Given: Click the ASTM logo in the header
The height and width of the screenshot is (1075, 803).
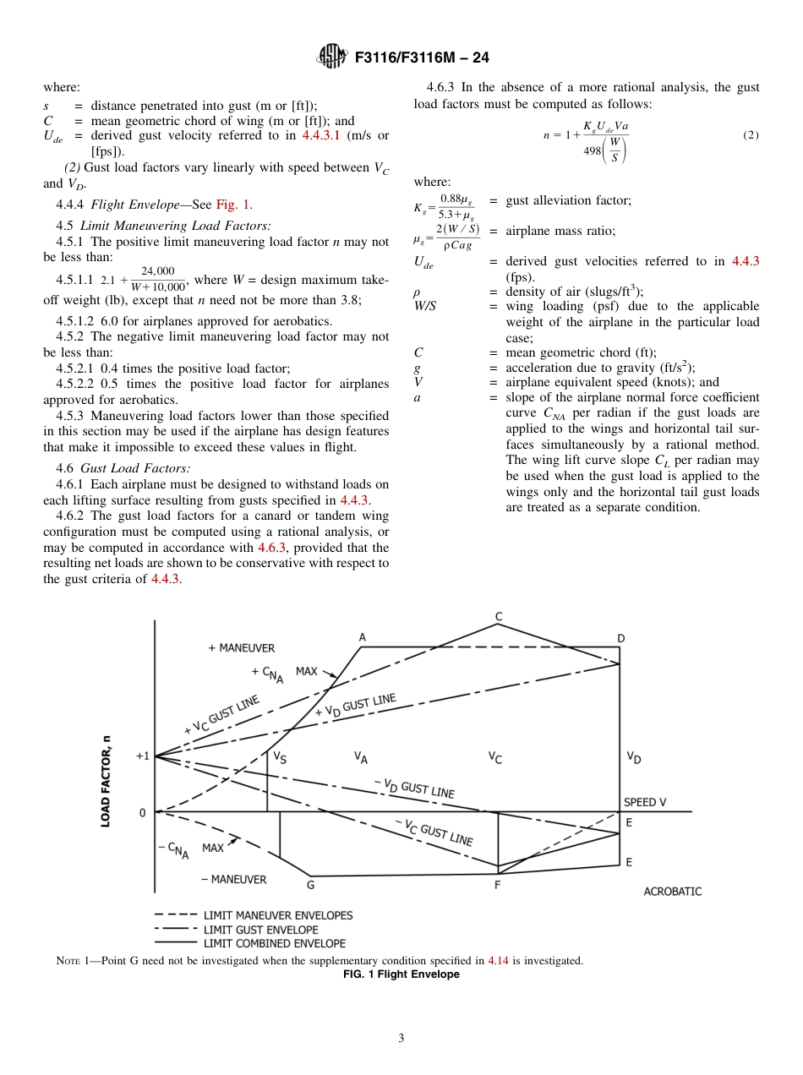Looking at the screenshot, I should coord(331,57).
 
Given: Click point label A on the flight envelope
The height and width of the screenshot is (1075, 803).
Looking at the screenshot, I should coord(362,637).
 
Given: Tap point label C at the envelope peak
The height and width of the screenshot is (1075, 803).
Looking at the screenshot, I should coord(499,616).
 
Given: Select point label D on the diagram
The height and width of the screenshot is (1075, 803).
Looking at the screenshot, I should coord(620,638).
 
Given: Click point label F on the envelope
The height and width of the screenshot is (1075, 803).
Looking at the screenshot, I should coord(497,887).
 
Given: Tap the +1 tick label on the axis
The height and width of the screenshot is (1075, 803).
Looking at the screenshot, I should coord(142,756).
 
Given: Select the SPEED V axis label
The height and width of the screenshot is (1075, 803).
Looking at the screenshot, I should coord(645,802).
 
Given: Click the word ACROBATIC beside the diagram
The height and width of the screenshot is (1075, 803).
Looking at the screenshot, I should coord(672,891).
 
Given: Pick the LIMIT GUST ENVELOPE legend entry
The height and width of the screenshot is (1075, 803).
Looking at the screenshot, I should coord(260,930).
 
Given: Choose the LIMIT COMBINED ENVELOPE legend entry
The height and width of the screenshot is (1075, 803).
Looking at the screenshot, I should coord(274,943).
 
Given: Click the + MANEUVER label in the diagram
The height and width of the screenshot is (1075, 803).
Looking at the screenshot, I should coord(241,648).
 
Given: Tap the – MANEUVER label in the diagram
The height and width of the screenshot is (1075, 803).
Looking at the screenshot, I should coord(233,879).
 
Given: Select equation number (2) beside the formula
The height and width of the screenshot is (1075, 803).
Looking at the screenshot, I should coord(751,135).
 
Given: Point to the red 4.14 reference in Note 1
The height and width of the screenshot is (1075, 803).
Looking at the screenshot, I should coord(498,961).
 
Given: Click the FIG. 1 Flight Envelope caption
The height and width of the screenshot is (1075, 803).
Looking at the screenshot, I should coord(401,974).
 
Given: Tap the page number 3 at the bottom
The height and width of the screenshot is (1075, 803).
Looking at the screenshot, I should coord(401,1039).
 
